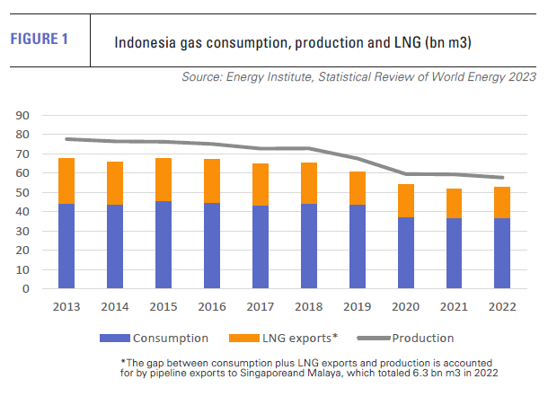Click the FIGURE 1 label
pos(38,40)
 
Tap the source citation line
pos(359,79)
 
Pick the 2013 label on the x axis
pos(67,306)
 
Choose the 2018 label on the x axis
pos(309,306)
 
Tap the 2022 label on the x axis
pos(502,306)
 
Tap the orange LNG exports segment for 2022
pos(502,203)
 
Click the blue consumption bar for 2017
pos(261,248)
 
